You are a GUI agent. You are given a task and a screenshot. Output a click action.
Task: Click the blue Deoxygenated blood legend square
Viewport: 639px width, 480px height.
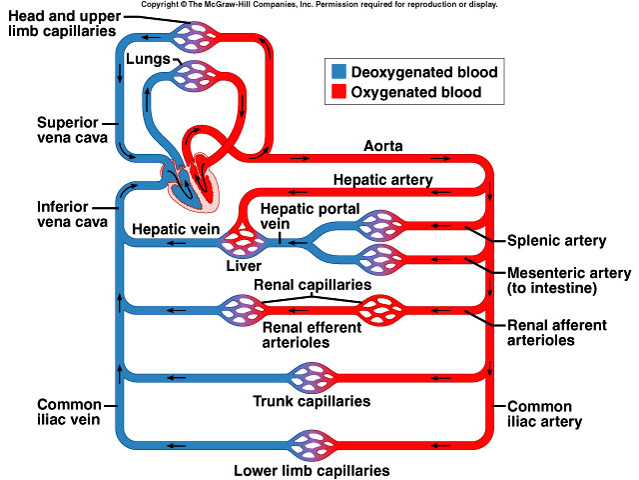click(337, 72)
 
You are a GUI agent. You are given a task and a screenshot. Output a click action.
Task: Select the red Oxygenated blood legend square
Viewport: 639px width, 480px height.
click(337, 92)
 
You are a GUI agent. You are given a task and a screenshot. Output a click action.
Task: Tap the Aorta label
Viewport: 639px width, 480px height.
click(382, 146)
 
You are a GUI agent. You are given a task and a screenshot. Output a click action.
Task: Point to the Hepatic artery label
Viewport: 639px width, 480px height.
click(382, 179)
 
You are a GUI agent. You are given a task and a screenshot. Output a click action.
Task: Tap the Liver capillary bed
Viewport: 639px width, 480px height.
click(243, 240)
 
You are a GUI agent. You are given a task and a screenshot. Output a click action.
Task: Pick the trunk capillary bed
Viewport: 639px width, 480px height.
click(311, 378)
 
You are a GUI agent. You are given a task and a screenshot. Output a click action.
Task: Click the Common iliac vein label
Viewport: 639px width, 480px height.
click(70, 412)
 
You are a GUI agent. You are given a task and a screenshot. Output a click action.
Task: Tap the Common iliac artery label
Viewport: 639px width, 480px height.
click(540, 414)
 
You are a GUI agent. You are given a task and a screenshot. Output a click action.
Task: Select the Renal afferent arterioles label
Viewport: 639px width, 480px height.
click(555, 332)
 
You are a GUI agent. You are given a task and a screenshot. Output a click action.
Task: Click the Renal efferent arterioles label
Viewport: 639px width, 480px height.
click(311, 334)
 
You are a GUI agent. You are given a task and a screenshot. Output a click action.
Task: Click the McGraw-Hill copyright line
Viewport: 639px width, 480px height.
click(319, 5)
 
